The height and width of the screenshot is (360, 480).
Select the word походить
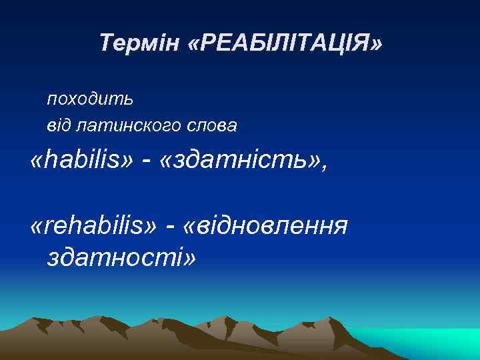point(90,99)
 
